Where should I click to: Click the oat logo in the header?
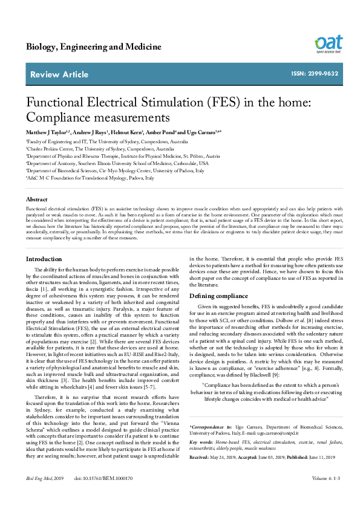tap(328, 44)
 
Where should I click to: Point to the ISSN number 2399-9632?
tap(315, 74)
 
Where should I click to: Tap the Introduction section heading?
tap(44, 259)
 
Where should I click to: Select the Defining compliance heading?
tap(218, 296)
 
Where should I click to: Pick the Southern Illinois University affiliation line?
tap(117, 163)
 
